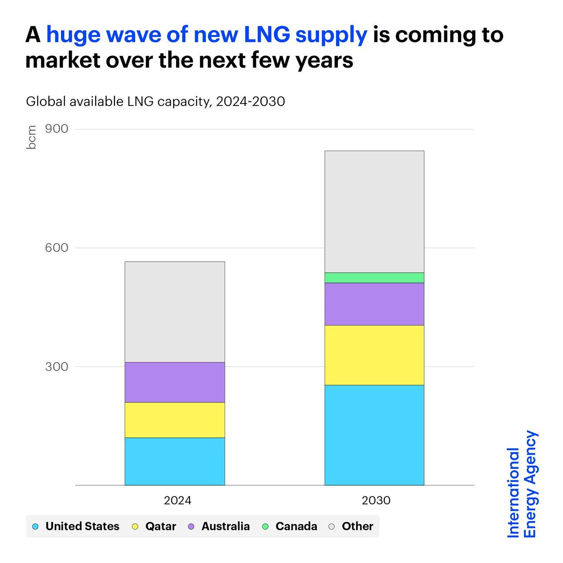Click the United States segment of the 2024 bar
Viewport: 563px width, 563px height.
[175, 461]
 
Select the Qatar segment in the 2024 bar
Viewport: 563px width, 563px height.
[175, 420]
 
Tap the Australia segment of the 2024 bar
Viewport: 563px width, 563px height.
[175, 382]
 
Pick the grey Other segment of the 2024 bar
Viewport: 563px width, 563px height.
[175, 312]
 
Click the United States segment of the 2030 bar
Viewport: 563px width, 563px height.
[374, 435]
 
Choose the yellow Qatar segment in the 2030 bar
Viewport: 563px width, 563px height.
[374, 355]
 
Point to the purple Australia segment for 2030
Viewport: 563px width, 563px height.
[374, 304]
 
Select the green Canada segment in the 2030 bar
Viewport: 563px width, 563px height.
[374, 278]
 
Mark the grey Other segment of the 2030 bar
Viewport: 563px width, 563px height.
[374, 212]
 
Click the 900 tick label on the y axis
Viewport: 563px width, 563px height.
[57, 129]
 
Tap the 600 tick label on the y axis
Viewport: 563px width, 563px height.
[57, 248]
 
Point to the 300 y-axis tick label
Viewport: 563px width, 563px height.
[57, 366]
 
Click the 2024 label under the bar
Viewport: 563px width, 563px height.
[177, 501]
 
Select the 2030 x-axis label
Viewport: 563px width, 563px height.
[376, 501]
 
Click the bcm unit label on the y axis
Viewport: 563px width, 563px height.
[31, 137]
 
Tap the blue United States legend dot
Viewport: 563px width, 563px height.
[35, 526]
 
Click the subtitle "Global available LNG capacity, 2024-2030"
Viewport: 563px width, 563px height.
[155, 101]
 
